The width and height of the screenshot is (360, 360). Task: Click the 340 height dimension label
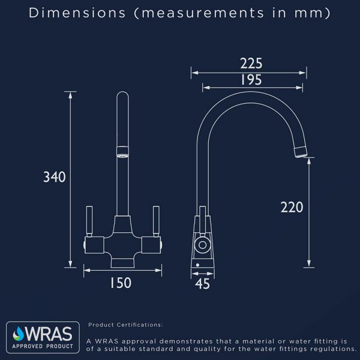point(55,177)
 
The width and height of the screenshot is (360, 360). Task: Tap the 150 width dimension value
point(121,283)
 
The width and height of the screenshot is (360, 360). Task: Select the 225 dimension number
point(251,64)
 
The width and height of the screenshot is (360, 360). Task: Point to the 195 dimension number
point(251,80)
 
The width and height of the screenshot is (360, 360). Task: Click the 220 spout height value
point(292,207)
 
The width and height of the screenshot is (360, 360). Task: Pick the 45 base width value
point(202,284)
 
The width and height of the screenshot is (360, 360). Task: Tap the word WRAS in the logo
point(49,334)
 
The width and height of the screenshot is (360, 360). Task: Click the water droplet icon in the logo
point(19,334)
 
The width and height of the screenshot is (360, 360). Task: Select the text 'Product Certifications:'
point(125,325)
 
